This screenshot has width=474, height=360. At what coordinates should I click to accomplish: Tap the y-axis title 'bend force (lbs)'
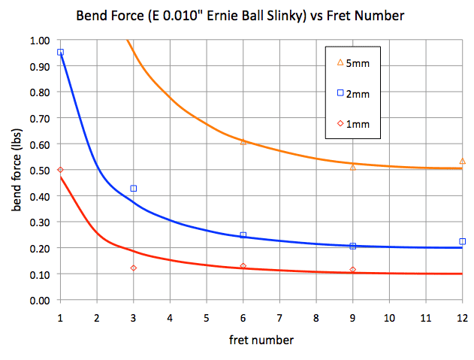coord(16,171)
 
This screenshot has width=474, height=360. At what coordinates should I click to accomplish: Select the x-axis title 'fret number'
coord(261,340)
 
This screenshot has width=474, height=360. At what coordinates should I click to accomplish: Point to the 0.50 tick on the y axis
coord(42,171)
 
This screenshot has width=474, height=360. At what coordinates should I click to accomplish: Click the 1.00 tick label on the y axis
coord(42,41)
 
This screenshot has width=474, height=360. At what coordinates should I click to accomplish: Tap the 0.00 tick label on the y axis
coord(42,301)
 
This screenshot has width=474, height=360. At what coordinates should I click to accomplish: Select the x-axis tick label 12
coord(461,318)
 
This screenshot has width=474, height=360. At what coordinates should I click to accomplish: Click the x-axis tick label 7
coord(279,318)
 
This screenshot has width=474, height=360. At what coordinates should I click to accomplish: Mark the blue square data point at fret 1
coord(60,53)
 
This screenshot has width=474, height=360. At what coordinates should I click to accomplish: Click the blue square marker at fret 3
coord(133,189)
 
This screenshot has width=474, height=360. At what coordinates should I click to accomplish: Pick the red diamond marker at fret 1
coord(60,170)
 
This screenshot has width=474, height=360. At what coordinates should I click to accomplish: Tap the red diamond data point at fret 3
coord(133,268)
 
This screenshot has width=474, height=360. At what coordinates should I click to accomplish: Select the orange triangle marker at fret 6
coord(243,141)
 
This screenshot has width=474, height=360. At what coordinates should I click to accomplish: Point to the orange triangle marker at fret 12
coord(462,161)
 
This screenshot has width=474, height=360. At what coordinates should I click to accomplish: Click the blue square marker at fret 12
coord(462,241)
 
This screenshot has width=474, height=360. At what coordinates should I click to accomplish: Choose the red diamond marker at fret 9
coord(352,270)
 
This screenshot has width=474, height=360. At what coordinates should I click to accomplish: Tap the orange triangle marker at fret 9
coord(352,167)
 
